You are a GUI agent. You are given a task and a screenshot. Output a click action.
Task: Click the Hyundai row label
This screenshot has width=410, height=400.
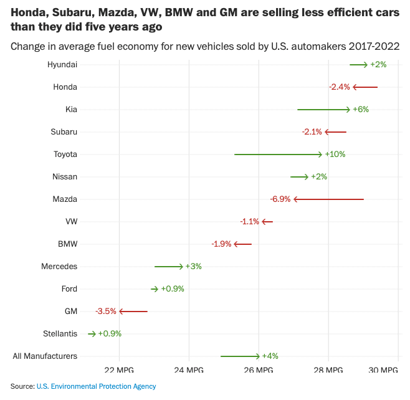[x=62, y=64]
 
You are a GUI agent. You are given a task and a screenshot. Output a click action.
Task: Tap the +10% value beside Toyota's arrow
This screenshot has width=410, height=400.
[x=335, y=154]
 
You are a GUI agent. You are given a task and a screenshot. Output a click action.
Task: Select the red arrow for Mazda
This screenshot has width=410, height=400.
[x=328, y=199]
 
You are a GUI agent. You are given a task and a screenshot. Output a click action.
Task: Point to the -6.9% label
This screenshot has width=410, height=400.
[x=280, y=199]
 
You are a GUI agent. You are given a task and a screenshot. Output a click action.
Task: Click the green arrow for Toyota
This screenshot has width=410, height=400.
[x=278, y=154]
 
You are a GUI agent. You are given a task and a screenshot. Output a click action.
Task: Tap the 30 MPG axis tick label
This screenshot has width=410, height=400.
[x=383, y=370]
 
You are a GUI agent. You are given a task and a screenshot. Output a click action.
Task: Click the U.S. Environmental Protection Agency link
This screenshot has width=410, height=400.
[x=96, y=386]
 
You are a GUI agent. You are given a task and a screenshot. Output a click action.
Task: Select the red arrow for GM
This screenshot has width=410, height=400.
[x=133, y=311]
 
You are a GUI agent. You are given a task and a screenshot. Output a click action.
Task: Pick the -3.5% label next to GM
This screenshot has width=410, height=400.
[x=106, y=311]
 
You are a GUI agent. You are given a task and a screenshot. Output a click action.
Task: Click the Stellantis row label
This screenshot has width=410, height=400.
[x=60, y=333]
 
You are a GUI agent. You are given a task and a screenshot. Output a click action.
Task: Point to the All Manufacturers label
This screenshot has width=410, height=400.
[x=45, y=356]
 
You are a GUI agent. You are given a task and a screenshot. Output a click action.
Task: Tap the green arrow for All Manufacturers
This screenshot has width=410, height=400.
[x=240, y=356]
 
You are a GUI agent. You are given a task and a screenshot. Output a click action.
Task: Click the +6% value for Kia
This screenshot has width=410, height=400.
[x=361, y=109]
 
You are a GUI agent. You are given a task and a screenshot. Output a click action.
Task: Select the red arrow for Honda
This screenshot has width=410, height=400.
[x=365, y=87]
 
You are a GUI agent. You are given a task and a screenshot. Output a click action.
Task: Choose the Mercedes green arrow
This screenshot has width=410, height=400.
[x=169, y=266]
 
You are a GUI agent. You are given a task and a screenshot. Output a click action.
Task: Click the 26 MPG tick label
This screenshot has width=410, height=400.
[x=259, y=370]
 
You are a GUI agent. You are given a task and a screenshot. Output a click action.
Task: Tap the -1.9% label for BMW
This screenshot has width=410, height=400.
[x=222, y=244]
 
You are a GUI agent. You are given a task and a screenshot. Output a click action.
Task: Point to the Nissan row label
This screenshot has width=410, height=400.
[x=65, y=176]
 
